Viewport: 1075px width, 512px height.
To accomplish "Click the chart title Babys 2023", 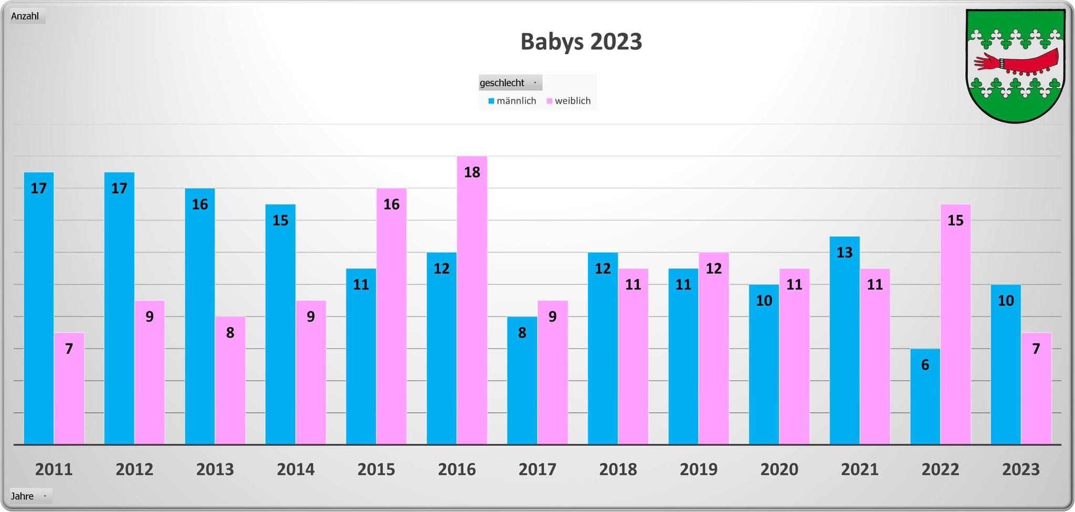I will pos(581,41).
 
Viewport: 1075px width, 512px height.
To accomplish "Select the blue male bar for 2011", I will pos(39,315).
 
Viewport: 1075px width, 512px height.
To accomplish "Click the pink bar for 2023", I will pos(1036,391).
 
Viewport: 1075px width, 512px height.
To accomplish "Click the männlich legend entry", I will pos(513,101).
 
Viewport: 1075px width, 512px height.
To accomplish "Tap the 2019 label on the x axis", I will pos(699,469).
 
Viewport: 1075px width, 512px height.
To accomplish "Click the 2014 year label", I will pos(296,469).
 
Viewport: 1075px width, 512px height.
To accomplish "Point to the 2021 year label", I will pos(860,469).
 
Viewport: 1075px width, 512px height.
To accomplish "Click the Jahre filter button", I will pos(30,496).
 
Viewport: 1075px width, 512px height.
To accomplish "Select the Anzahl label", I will pos(25,16).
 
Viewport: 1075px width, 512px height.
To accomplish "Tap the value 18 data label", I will pos(472,172).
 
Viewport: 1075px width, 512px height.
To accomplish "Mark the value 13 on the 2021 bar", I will pos(845,253).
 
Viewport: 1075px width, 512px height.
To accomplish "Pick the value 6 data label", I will pos(925,365).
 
